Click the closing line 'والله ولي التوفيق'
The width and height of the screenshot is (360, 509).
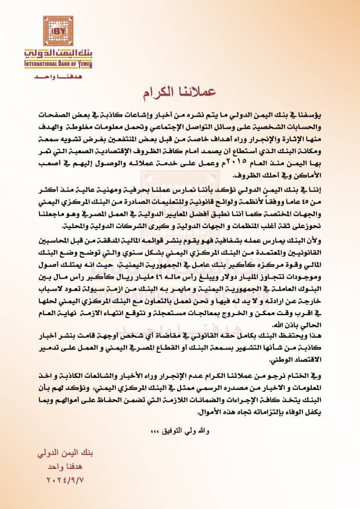171,432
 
